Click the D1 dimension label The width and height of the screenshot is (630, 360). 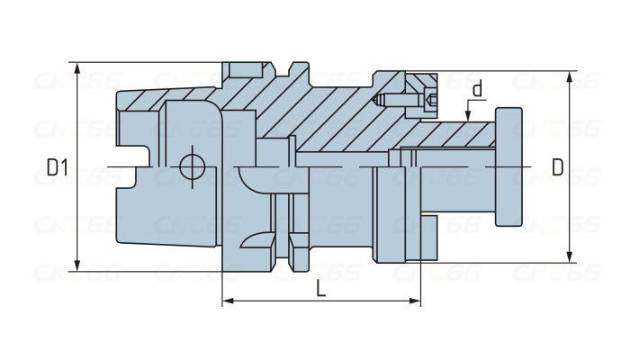[58, 167]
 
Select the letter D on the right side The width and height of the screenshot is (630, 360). [558, 167]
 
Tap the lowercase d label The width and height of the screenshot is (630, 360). [478, 88]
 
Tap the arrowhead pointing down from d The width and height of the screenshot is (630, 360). [468, 114]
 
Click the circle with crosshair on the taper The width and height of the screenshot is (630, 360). [192, 166]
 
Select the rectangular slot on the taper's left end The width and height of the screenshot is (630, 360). [134, 167]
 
